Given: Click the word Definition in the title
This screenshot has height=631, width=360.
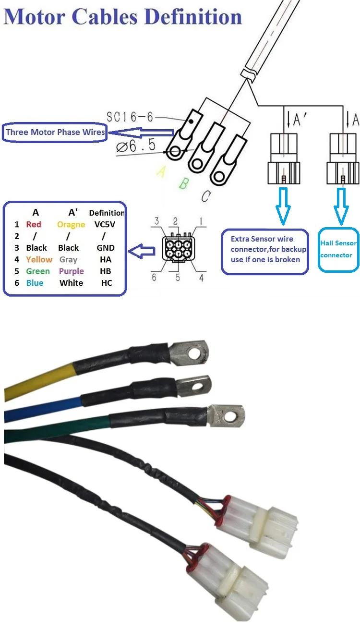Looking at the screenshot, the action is [194, 17].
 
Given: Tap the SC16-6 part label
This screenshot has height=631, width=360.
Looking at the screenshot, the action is [130, 117].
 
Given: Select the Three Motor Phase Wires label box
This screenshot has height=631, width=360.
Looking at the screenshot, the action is [55, 132].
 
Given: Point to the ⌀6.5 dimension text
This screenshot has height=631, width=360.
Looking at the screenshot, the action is [136, 146].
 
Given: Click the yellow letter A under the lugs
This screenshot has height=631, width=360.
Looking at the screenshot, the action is [161, 171].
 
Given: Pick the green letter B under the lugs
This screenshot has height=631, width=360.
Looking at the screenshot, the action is [183, 183].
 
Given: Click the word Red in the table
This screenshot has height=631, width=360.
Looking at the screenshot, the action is [34, 225].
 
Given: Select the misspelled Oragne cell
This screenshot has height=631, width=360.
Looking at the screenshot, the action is [71, 225].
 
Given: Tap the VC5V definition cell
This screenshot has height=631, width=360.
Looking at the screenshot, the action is [105, 225].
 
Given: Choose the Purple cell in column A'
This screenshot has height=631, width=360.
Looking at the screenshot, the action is [72, 271].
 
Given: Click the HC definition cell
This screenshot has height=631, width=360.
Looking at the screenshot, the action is [107, 283].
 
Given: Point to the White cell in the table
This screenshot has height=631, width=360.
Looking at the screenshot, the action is [71, 283].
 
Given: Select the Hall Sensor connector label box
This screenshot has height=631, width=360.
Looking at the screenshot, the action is [338, 249].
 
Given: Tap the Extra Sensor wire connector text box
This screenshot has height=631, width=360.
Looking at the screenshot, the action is [265, 252].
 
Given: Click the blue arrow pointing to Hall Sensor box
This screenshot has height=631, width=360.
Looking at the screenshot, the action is [341, 206].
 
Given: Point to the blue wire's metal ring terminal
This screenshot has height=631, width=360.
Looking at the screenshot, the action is [195, 386].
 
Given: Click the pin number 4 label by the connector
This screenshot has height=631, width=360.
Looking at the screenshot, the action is [201, 278].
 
